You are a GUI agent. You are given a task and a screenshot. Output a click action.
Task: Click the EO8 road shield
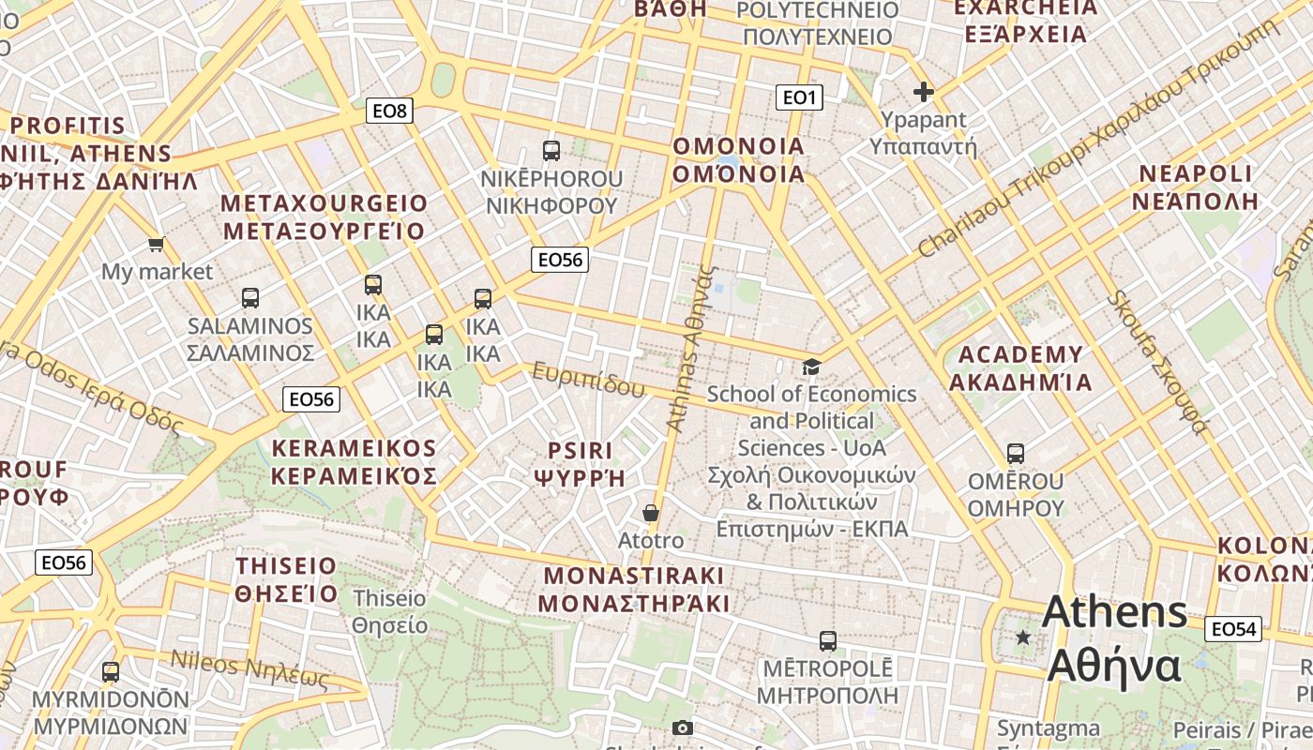(389, 112)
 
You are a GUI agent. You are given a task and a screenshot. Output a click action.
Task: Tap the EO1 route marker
(799, 97)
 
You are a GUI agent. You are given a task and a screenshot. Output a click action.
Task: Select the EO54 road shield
(1232, 629)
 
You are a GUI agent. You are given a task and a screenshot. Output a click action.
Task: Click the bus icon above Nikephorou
(551, 150)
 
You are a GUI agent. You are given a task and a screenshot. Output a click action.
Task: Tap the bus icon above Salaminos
(249, 298)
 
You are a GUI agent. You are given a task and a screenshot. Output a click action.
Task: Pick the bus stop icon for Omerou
(1015, 454)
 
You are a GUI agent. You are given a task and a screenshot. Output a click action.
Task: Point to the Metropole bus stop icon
(827, 641)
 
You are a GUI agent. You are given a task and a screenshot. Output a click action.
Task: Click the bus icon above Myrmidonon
(111, 672)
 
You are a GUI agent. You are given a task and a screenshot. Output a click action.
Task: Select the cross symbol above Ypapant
(924, 92)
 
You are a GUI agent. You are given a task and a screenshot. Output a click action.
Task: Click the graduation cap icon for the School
(811, 367)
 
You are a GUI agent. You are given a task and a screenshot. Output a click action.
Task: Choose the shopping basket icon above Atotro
(650, 513)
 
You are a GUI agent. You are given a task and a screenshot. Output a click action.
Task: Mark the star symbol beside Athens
(1023, 637)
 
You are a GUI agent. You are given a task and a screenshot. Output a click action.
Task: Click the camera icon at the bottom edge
(683, 727)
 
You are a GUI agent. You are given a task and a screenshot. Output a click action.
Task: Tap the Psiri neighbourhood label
(580, 463)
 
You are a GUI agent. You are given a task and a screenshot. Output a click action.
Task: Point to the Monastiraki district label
(635, 589)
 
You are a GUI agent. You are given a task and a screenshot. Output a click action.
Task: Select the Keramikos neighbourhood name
(354, 462)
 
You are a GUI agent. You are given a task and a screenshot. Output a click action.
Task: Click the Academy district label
(1020, 368)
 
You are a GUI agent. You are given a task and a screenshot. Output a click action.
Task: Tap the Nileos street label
(249, 668)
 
